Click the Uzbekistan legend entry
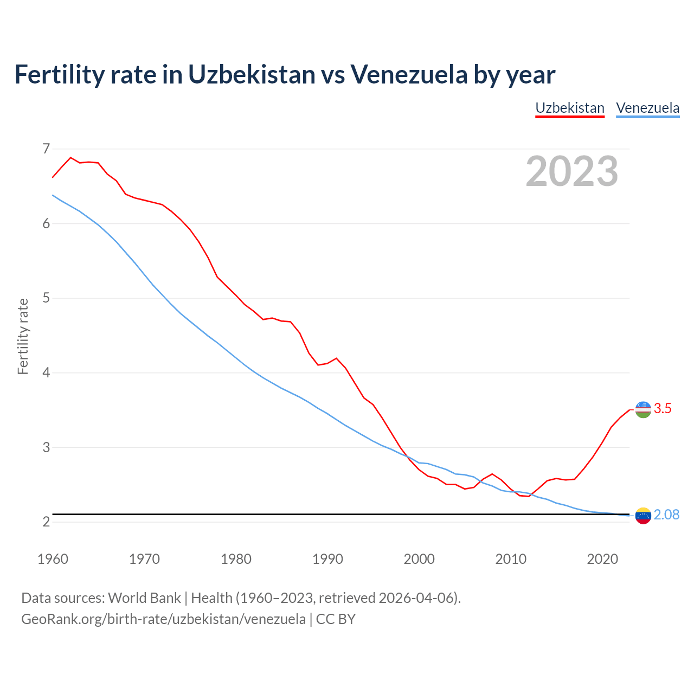coord(569,108)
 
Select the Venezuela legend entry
coord(647,108)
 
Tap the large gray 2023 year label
coord(572,171)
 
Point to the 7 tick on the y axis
coord(46,149)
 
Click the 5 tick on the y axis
coord(46,298)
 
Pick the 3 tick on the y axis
coord(46,447)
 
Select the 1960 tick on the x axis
coord(53,559)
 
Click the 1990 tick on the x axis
coord(327,559)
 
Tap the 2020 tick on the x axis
coord(602,559)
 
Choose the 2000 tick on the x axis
coord(419,559)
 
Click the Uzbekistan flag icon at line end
coord(643,409)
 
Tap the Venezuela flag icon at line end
coord(643,516)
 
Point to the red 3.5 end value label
coord(663,409)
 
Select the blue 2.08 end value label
coord(666,515)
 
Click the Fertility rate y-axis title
coord(23,336)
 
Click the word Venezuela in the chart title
coord(408,74)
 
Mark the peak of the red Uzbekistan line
coord(70,157)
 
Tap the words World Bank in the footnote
coord(144,598)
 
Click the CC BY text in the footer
coord(336,619)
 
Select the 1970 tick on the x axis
coord(144,559)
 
